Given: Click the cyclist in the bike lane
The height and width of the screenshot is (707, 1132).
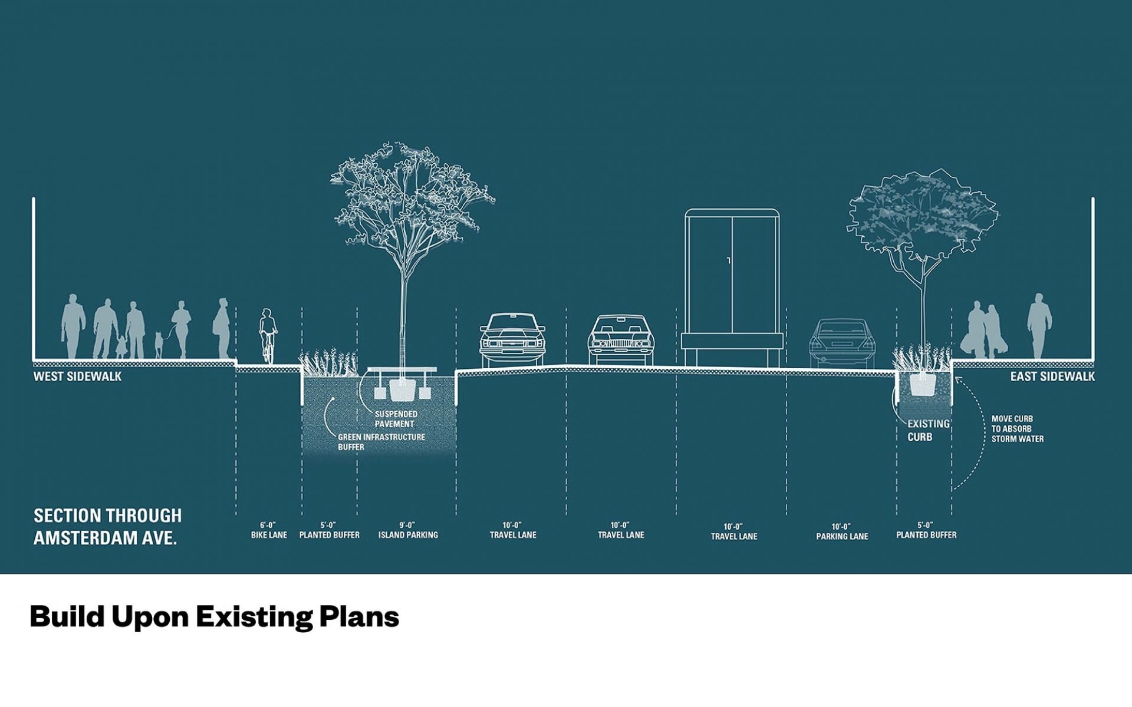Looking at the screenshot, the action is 268,336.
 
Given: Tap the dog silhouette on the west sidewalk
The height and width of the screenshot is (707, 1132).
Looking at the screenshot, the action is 158,345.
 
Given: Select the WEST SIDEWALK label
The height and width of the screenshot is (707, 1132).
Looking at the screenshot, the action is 77,376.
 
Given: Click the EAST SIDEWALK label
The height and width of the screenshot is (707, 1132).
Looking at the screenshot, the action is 1052,376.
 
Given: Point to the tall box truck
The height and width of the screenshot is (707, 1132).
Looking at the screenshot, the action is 732,288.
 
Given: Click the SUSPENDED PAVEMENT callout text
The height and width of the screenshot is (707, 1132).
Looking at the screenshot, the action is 396,419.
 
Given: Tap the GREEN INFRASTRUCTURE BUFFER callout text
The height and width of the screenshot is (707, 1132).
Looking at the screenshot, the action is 381,442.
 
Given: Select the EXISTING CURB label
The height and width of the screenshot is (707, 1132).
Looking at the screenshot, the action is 928,430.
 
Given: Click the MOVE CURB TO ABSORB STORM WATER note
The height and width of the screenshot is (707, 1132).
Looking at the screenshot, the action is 1017,429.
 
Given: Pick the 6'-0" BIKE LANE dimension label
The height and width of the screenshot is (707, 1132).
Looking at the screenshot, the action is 269,530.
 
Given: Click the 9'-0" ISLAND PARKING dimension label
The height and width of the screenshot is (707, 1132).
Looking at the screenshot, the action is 408,530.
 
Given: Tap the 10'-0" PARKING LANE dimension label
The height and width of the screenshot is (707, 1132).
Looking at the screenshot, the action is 842,531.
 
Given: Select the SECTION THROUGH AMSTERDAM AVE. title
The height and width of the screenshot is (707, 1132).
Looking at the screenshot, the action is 107,527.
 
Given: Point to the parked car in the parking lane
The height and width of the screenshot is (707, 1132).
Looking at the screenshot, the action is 841,343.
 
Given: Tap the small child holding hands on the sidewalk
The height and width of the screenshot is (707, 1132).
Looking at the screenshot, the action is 121,346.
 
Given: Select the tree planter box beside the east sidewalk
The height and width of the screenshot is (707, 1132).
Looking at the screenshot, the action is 923,385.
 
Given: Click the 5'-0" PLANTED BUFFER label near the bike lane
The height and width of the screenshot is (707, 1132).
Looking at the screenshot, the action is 329,530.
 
